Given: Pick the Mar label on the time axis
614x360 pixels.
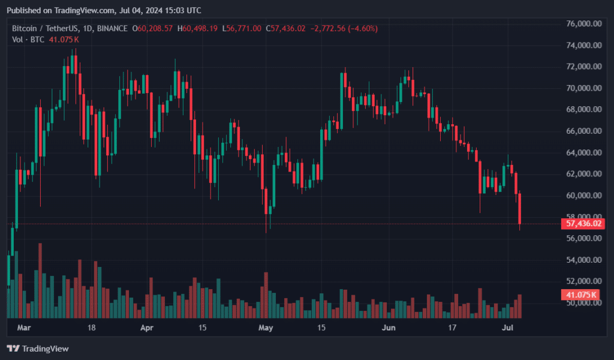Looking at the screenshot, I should pos(23,328).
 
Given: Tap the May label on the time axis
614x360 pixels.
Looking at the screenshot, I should pos(265,328).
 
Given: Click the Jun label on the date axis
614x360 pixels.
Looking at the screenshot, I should pos(389,328).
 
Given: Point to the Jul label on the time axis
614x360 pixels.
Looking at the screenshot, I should pos(507,328).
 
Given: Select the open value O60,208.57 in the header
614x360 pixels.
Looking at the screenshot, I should pos(155,28).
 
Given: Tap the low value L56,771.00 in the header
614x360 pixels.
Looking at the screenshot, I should pos(242,28).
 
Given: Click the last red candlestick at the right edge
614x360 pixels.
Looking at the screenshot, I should pos(519,209).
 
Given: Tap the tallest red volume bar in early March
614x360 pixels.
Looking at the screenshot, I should pos(40,280).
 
